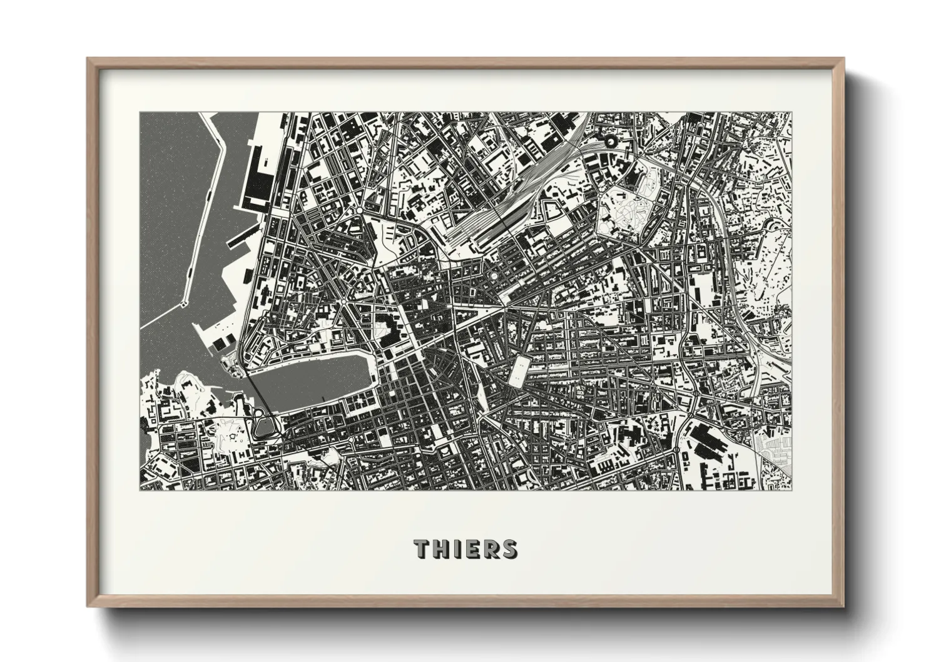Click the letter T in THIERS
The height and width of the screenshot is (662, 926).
coord(420,549)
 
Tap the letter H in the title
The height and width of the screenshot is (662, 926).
coord(441,549)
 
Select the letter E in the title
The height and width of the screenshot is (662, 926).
coord(473,549)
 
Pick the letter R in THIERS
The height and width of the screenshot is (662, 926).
coord(491,549)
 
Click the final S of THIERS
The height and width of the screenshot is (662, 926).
coord(510,549)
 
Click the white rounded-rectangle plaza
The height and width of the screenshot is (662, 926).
coord(519,370)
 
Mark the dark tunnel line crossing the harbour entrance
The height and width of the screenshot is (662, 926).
coord(258,400)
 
